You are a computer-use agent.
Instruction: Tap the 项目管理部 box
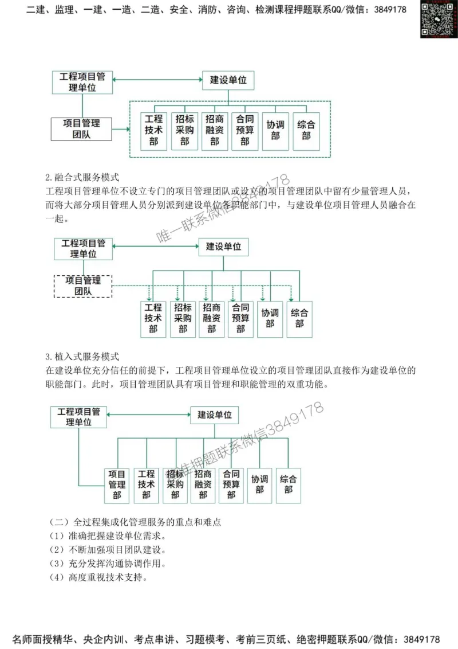coord(117,484)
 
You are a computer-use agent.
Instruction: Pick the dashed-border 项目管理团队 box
coord(83,286)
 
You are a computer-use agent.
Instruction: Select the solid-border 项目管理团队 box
coord(81,129)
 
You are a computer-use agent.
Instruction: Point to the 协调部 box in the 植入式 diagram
coord(259,484)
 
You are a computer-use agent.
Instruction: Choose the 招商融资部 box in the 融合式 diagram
coord(211,319)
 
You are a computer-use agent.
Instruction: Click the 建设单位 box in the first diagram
coord(228,80)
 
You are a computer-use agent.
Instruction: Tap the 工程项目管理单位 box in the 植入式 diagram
coord(78,416)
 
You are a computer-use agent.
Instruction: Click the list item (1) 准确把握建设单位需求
coord(108,536)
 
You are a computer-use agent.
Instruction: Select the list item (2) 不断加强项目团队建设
coord(108,550)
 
